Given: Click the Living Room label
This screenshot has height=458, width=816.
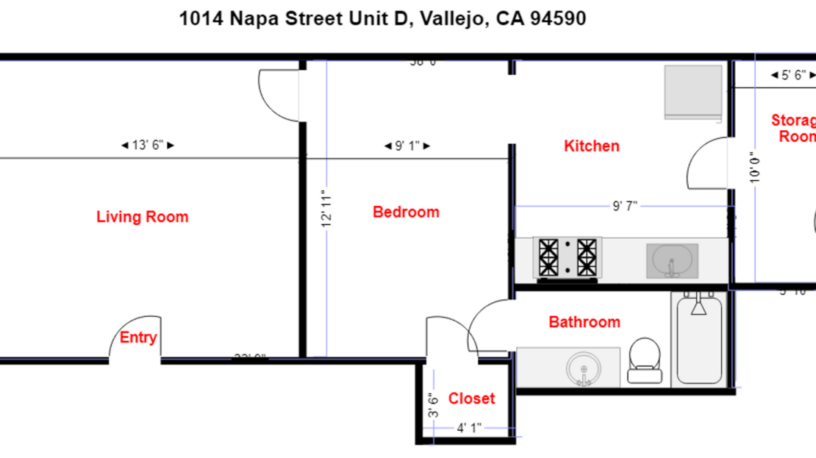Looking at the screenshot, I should point(142,217).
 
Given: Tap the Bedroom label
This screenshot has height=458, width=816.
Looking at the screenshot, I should point(406,212).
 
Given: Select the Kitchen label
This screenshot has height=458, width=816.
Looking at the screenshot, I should point(591,146).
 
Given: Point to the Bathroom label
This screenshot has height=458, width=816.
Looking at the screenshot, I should point(584,322).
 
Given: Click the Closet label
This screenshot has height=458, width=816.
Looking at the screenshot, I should point(471,398).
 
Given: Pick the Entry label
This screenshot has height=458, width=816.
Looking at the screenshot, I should point(138,337).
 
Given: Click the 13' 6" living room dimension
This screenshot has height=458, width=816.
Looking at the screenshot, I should point(147,146).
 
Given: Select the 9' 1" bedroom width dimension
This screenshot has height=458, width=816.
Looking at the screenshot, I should point(407,146).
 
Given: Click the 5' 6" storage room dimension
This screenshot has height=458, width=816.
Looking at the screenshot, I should point(792,75).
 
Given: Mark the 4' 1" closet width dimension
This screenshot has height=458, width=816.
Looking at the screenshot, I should point(469,427).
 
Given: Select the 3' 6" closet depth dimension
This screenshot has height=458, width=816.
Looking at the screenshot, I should point(434,406).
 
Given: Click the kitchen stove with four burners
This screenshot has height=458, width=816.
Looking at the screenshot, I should point(568,259).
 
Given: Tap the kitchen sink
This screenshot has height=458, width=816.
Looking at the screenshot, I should point(671,260).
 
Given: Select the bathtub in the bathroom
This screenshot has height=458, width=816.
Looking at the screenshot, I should point(698,338).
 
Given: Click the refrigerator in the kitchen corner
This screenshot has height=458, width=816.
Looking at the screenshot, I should point(693,92).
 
